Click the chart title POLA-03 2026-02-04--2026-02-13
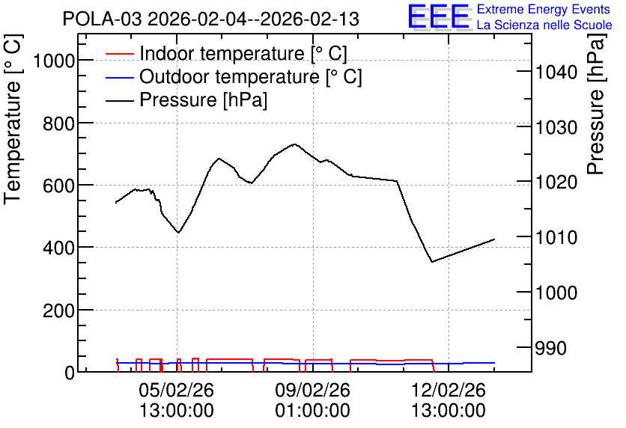pyautogui.click(x=211, y=19)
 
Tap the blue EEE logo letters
pyautogui.click(x=439, y=16)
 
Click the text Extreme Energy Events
pyautogui.click(x=544, y=9)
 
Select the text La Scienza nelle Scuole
pyautogui.click(x=544, y=25)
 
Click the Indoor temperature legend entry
pyautogui.click(x=226, y=53)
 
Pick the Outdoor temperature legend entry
pyautogui.click(x=234, y=76)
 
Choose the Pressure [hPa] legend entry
pyautogui.click(x=186, y=100)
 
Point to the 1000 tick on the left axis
pyautogui.click(x=54, y=61)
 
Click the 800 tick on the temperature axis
pyautogui.click(x=59, y=123)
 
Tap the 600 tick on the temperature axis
pyautogui.click(x=59, y=186)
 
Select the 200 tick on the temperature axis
pyautogui.click(x=59, y=311)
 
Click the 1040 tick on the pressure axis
pyautogui.click(x=556, y=72)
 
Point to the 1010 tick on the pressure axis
pyautogui.click(x=556, y=238)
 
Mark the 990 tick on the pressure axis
pyautogui.click(x=551, y=348)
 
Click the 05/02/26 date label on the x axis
pyautogui.click(x=177, y=390)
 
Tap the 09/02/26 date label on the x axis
pyautogui.click(x=312, y=390)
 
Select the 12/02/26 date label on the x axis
pyautogui.click(x=449, y=390)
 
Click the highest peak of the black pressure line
pyautogui.click(x=294, y=144)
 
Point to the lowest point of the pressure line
pyautogui.click(x=432, y=262)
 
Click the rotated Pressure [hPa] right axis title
pyautogui.click(x=596, y=104)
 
